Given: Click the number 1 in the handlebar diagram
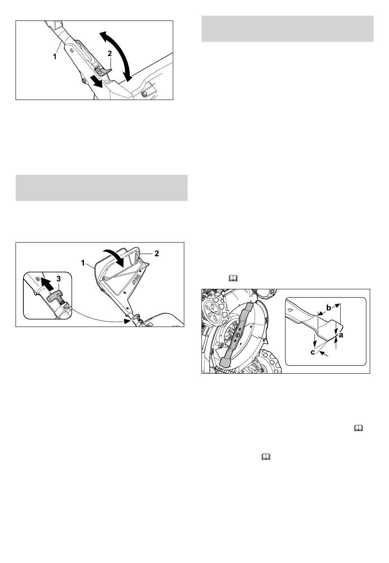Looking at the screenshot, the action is tap(55, 57).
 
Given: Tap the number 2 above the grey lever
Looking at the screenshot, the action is tap(110, 53).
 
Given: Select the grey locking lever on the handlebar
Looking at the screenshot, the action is tap(103, 71).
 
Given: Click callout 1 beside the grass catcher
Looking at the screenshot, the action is tap(83, 263).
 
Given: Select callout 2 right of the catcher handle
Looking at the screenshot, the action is tap(157, 254).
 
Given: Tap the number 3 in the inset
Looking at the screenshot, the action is tap(59, 279).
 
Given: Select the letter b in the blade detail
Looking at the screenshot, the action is tap(328, 308).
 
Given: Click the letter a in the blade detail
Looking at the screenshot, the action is tap(341, 335).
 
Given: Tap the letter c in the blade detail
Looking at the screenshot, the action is tap(313, 352).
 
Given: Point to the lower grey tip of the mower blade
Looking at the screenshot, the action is tap(224, 362).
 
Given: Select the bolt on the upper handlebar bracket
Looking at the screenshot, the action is tap(72, 51).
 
